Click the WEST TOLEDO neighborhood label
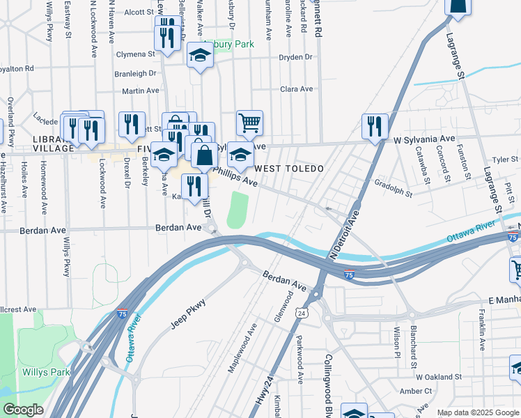289,169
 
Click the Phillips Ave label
236,176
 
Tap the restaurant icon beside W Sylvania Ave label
375,126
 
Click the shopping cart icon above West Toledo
249,123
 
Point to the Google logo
23,410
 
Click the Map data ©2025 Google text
477,412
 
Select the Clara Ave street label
296,89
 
